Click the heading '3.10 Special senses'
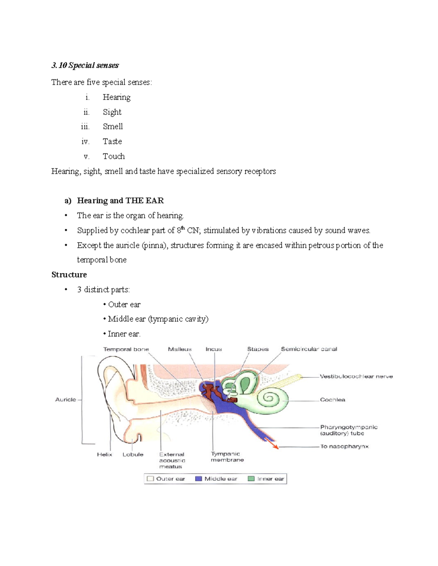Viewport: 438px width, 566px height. pos(85,65)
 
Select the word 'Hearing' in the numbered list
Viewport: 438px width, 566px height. pos(116,97)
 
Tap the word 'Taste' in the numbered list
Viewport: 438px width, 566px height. pos(112,141)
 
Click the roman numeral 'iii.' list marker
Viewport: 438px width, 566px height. pos(85,126)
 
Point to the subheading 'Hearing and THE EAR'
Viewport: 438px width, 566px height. pos(120,200)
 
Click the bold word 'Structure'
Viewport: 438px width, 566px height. pos(69,274)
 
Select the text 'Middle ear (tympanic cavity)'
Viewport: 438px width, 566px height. pos(158,319)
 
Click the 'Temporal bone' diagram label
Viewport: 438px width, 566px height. pos(126,349)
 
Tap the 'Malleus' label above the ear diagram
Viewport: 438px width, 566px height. pos(180,349)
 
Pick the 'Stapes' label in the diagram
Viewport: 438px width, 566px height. pos(258,349)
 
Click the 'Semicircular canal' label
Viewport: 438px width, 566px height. pos(309,349)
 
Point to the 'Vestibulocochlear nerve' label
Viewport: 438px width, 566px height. pos(356,376)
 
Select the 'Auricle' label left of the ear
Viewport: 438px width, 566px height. pos(66,399)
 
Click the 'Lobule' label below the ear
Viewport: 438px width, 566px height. pos(133,454)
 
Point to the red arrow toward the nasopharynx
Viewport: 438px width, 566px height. pos(272,443)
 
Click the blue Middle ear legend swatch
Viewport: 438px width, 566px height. pos(199,479)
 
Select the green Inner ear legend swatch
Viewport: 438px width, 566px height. pos(251,479)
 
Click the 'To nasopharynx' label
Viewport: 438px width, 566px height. pos(344,446)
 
